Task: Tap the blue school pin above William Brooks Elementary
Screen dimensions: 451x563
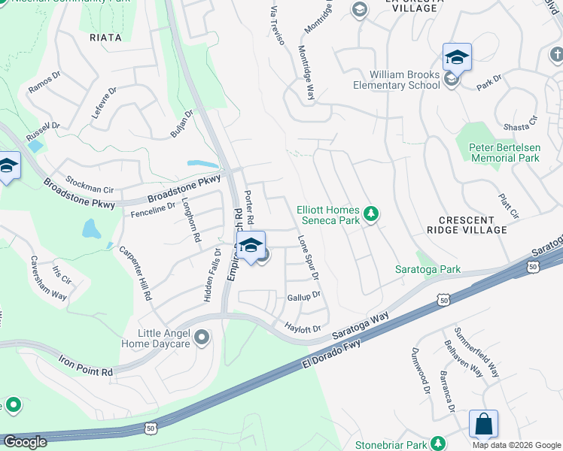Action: [457, 57]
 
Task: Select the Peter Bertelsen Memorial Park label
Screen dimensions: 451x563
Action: [504, 153]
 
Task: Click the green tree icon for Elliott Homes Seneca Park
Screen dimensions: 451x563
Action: [370, 215]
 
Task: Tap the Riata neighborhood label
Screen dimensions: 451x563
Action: [105, 37]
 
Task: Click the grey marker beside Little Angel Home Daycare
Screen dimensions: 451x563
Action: [201, 337]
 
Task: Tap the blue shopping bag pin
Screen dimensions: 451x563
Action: [483, 424]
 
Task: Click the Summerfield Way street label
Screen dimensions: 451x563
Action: [477, 353]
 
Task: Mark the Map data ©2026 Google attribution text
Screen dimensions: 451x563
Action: [516, 445]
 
